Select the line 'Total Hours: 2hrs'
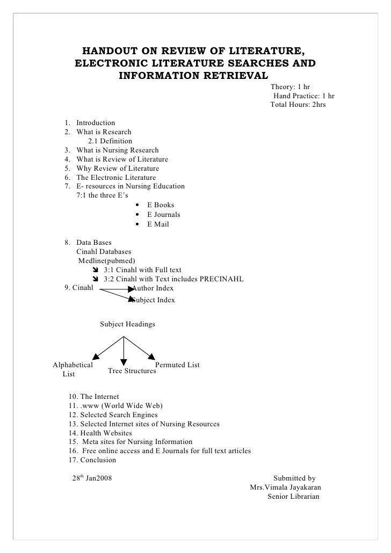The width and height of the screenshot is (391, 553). tap(298, 105)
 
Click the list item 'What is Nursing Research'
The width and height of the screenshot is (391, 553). tap(118, 150)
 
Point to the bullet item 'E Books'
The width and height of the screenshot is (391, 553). tap(161, 205)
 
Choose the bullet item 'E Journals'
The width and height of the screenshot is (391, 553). tap(164, 215)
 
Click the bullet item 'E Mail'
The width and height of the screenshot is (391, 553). tap(158, 224)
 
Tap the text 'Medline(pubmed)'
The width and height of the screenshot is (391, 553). tap(107, 261)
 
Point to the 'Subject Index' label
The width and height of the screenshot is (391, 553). tap(154, 300)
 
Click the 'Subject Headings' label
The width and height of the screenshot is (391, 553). tap(128, 324)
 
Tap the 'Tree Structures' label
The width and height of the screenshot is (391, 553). tap(132, 371)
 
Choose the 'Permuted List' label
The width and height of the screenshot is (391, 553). tap(177, 365)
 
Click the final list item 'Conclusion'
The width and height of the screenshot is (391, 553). tap(98, 460)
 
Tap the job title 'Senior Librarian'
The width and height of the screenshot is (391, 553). tap(293, 497)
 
